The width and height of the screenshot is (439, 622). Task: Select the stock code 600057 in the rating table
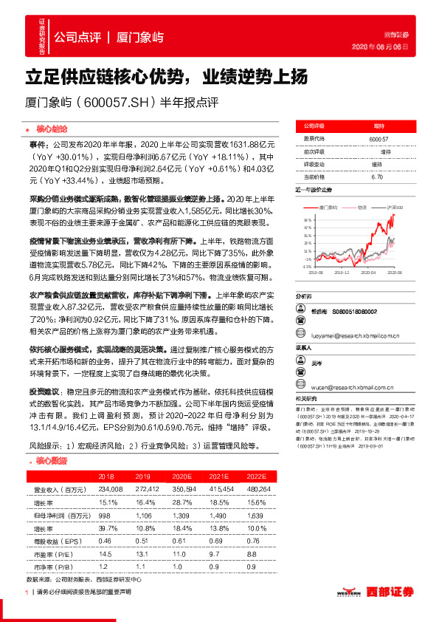pos(378,138)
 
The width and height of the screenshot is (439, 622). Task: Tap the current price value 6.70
pos(377,177)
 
